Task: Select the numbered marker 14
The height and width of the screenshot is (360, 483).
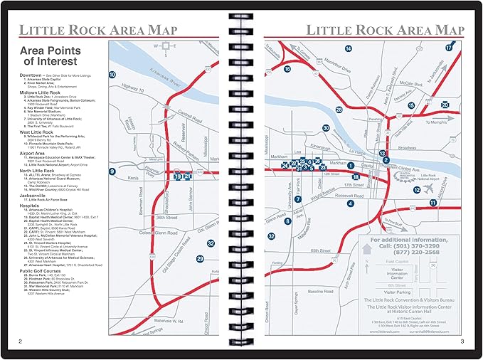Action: pyautogui.click(x=349, y=48)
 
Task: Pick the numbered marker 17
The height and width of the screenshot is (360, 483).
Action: pyautogui.click(x=449, y=48)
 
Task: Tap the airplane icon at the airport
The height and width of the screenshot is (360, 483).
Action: pyautogui.click(x=428, y=188)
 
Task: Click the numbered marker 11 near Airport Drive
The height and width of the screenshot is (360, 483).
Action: pyautogui.click(x=432, y=203)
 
